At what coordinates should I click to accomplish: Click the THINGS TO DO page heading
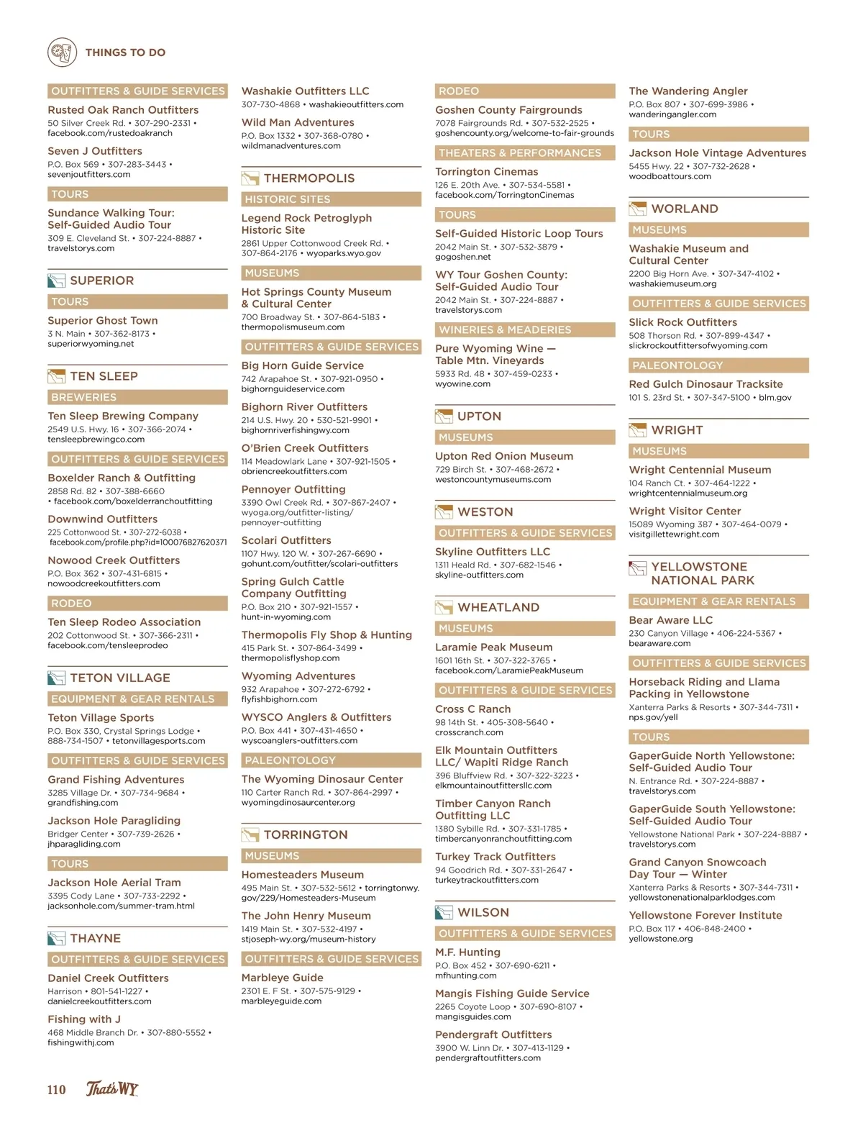point(125,53)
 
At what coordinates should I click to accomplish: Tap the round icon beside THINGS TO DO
point(63,53)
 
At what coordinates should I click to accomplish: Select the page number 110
point(57,1089)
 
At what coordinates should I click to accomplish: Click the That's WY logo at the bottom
point(112,1088)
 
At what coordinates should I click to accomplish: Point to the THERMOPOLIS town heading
point(309,178)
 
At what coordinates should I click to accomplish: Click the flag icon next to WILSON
point(444,913)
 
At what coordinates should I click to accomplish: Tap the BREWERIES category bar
point(137,397)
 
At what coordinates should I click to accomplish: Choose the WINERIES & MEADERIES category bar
point(525,329)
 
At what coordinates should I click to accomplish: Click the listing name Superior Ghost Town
point(103,321)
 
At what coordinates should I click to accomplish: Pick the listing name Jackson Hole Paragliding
point(114,821)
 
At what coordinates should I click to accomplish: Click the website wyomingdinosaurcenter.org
point(298,802)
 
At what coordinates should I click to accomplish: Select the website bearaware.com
point(659,643)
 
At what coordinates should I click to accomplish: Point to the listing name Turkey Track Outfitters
point(496,857)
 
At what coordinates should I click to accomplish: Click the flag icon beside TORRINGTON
point(250,835)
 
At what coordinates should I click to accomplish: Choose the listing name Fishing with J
point(84,1019)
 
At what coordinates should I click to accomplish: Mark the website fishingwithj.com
point(81,1042)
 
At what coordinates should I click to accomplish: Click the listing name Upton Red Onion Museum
point(504,456)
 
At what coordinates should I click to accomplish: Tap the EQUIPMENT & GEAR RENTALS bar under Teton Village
point(137,699)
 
